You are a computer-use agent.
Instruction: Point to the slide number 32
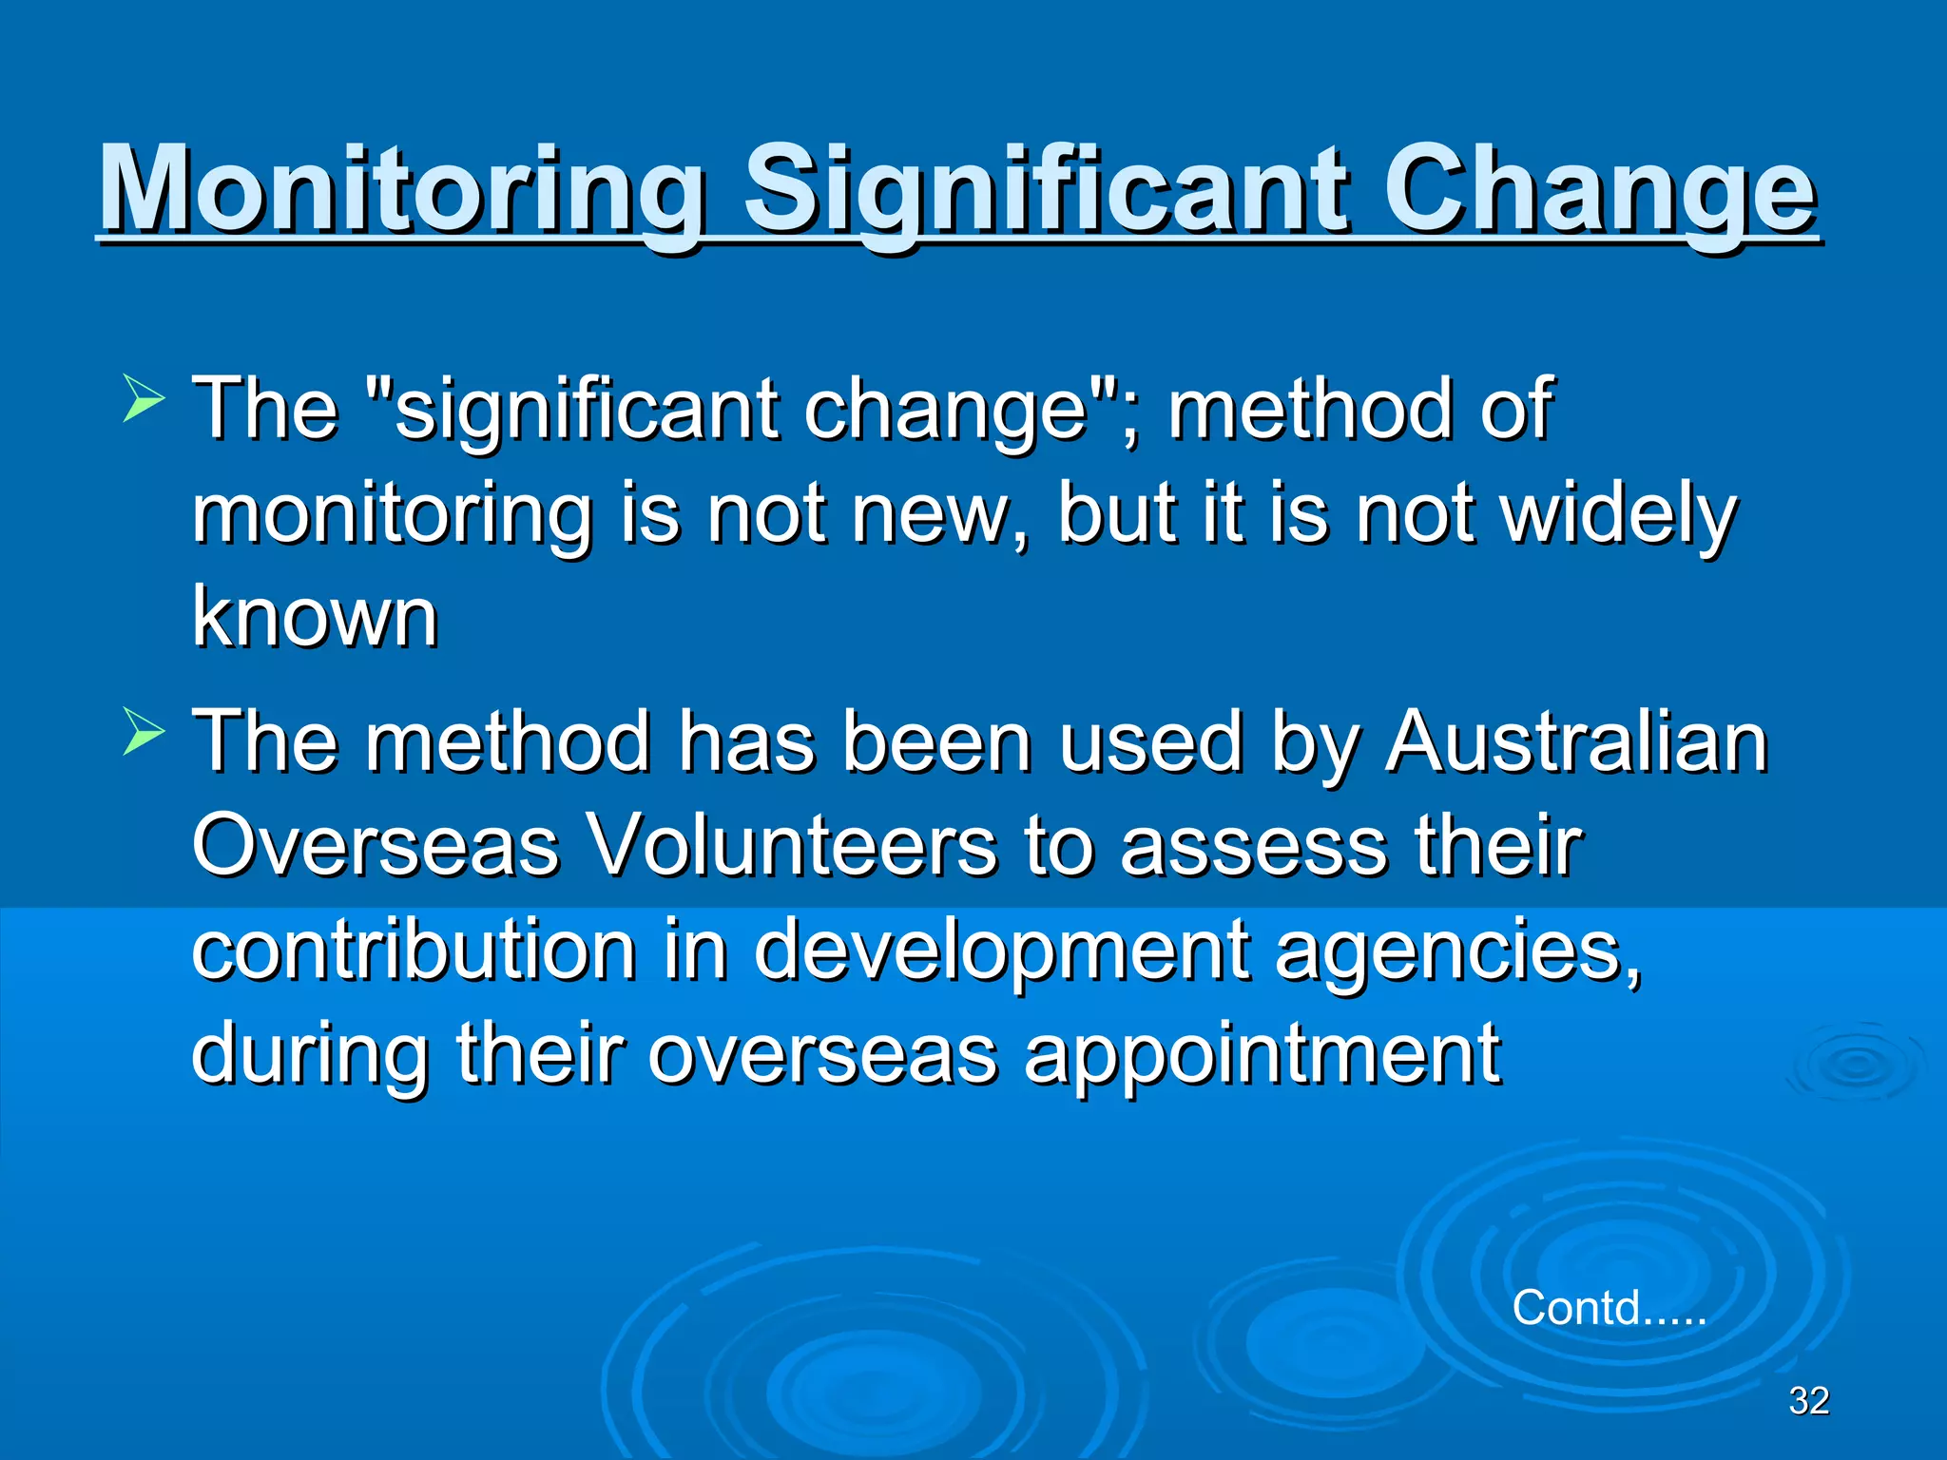1808,1400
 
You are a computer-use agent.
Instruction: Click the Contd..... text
1609,1307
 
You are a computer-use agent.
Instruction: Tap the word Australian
1575,741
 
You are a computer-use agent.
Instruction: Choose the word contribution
414,950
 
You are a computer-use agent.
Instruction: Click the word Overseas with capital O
375,845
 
